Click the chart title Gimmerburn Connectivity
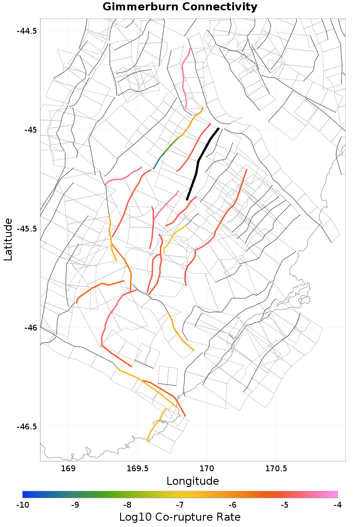tap(180, 7)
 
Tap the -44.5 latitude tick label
tap(27, 31)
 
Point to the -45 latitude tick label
tap(30, 130)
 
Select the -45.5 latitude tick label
tap(27, 229)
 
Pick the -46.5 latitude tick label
tap(27, 426)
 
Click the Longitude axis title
tap(193, 481)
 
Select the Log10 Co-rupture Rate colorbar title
tap(180, 517)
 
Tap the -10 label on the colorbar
tap(22, 505)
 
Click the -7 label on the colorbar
tap(180, 505)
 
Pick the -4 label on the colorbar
tap(337, 505)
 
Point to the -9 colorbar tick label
tap(75, 505)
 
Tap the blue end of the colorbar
tap(25, 495)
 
